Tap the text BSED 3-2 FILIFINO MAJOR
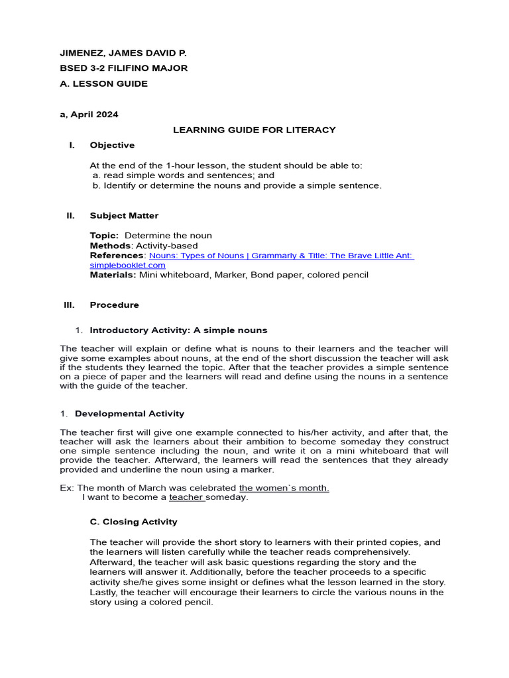[123, 68]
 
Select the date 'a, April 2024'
[89, 115]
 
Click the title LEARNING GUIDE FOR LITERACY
[254, 130]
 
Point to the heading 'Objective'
[112, 145]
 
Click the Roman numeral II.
[70, 215]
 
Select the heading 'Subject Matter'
[124, 215]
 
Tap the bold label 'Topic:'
[104, 236]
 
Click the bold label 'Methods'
[107, 246]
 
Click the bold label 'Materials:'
[113, 275]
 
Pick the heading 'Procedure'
[114, 305]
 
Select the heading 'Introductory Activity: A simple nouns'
[178, 330]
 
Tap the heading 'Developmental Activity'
[129, 414]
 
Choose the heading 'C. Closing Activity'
[133, 522]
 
